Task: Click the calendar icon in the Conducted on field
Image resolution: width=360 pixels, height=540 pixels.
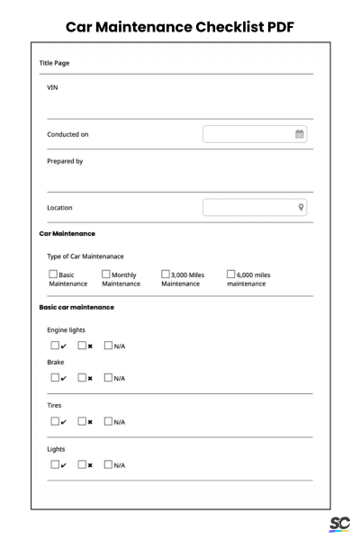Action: tap(300, 134)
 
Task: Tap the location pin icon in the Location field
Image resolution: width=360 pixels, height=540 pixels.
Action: tap(301, 207)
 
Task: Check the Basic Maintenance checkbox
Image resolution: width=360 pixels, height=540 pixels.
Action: tap(52, 274)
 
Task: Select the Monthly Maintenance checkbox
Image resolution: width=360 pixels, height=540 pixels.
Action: tap(106, 274)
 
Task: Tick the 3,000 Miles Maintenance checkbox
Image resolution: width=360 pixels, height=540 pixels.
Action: tap(166, 274)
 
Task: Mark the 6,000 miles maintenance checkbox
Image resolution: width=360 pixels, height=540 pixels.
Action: tap(231, 274)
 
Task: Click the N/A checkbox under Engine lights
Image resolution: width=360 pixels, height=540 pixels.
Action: tap(109, 345)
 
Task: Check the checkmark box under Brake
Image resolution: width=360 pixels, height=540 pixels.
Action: tap(54, 377)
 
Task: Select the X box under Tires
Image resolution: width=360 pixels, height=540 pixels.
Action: tap(82, 421)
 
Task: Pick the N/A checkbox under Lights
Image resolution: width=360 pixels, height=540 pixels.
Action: tap(109, 464)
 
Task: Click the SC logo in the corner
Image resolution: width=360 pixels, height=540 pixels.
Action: tap(340, 525)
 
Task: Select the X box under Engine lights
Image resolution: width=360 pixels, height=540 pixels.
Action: tap(82, 345)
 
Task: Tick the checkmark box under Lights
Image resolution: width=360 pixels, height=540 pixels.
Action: tap(54, 464)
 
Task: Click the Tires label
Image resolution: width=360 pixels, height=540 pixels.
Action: tap(55, 405)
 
